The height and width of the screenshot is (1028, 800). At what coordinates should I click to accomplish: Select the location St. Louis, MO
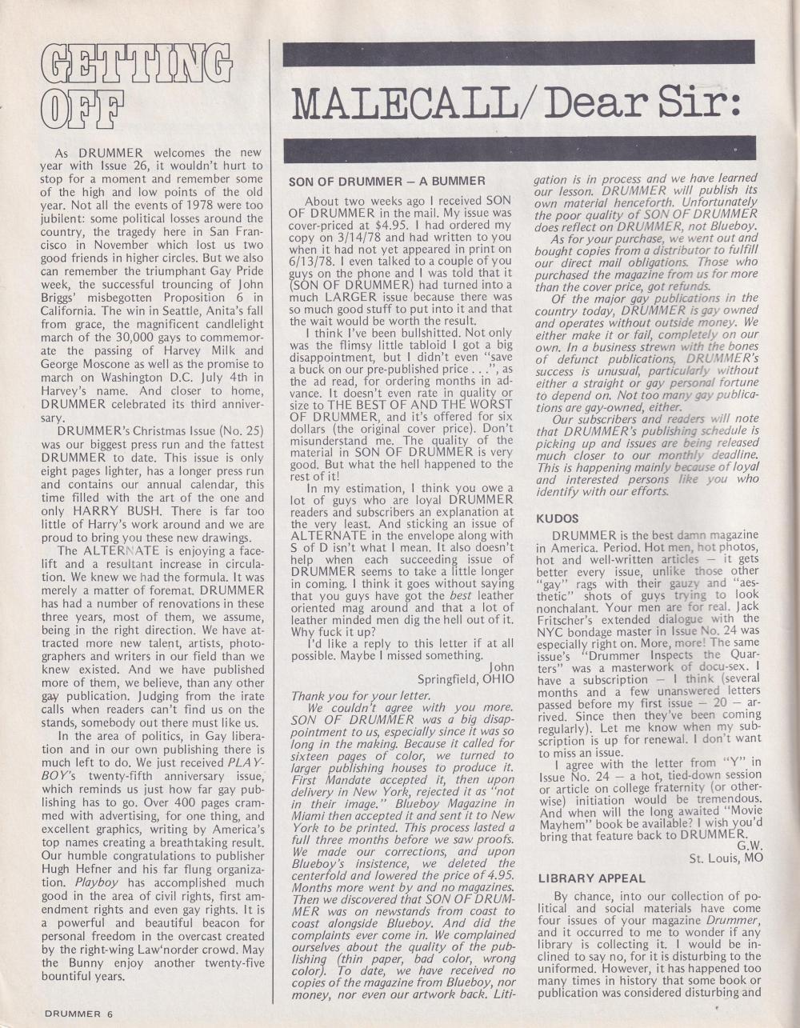pyautogui.click(x=726, y=858)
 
